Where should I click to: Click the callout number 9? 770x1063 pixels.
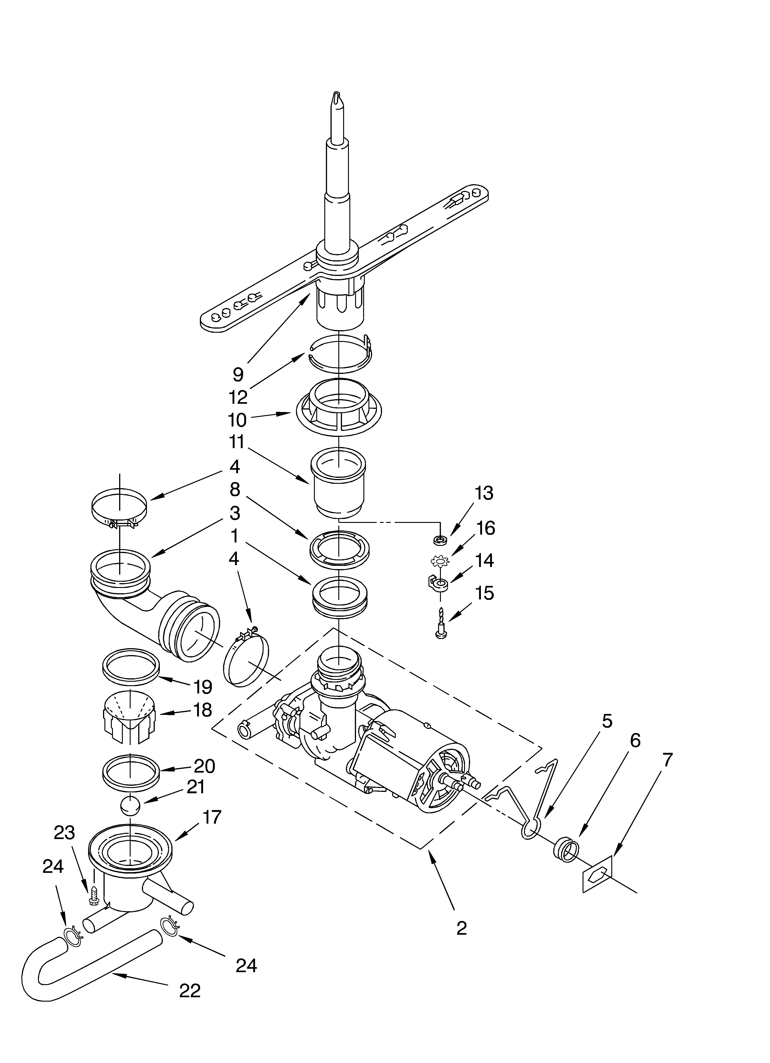pyautogui.click(x=238, y=375)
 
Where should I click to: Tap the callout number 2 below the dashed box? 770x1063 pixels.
pyautogui.click(x=461, y=928)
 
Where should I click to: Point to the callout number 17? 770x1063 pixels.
pyautogui.click(x=212, y=817)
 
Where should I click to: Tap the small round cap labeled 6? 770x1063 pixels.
pyautogui.click(x=566, y=847)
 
